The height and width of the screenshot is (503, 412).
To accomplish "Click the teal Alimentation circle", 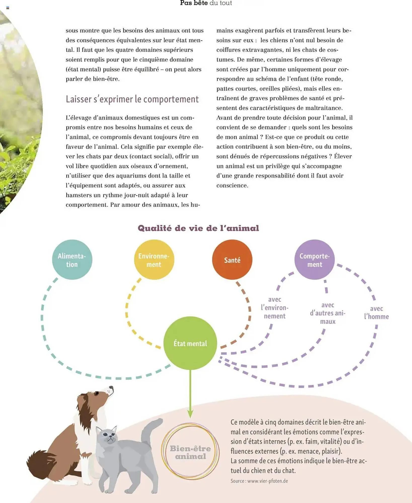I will pyautogui.click(x=72, y=260).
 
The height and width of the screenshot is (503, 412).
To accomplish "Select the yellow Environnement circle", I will pyautogui.click(x=154, y=260).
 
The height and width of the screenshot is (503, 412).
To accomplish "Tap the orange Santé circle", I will pyautogui.click(x=232, y=260).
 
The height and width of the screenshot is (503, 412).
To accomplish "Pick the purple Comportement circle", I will pyautogui.click(x=314, y=260).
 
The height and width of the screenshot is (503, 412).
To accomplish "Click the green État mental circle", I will pyautogui.click(x=190, y=343).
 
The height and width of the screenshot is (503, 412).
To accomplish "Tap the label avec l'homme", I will pyautogui.click(x=376, y=313).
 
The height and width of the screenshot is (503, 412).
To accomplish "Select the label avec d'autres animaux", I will pyautogui.click(x=328, y=313).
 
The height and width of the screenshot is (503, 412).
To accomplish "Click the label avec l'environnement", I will pyautogui.click(x=275, y=308).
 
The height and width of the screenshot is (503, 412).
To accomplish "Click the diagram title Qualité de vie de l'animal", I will pyautogui.click(x=198, y=228).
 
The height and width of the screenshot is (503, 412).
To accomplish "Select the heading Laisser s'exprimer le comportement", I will pyautogui.click(x=132, y=99).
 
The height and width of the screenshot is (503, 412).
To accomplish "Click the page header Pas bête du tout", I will pyautogui.click(x=206, y=3).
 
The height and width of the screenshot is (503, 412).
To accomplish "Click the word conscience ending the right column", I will pyautogui.click(x=232, y=186).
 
